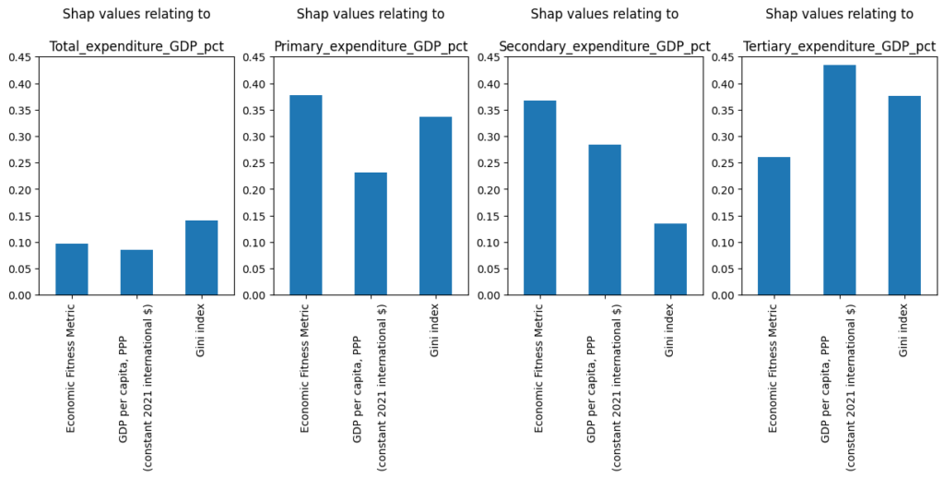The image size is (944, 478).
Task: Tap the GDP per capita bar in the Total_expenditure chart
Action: (136, 272)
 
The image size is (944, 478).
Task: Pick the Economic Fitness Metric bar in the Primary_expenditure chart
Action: (306, 195)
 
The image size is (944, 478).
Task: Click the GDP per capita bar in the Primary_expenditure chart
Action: (371, 233)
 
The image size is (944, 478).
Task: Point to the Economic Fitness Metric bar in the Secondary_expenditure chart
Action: (540, 197)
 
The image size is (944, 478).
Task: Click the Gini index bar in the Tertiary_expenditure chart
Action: (903, 196)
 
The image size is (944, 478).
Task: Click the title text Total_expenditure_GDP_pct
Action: (136, 46)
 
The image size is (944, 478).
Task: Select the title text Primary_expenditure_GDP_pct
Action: (371, 46)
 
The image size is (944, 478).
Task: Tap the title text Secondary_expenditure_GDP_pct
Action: (605, 46)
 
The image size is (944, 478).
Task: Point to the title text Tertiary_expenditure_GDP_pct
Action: (839, 46)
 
